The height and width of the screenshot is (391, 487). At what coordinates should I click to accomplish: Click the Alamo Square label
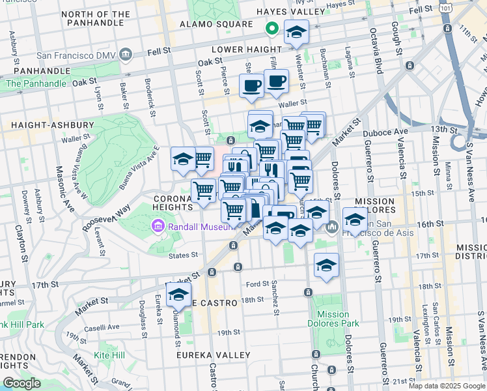(x=216, y=25)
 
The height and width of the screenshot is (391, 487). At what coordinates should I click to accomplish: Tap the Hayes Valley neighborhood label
(x=290, y=12)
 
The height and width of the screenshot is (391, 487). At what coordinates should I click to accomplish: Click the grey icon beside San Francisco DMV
(x=126, y=53)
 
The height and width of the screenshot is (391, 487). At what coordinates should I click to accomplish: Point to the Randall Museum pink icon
(x=157, y=227)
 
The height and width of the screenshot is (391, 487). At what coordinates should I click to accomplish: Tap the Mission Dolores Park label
(x=333, y=319)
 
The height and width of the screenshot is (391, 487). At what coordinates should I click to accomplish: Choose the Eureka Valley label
(x=214, y=355)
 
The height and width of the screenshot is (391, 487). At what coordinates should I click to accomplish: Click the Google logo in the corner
(x=21, y=383)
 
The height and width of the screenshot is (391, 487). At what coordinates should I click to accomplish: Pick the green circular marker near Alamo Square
(x=271, y=29)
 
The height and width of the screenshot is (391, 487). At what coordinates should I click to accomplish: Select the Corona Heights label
(x=173, y=203)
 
